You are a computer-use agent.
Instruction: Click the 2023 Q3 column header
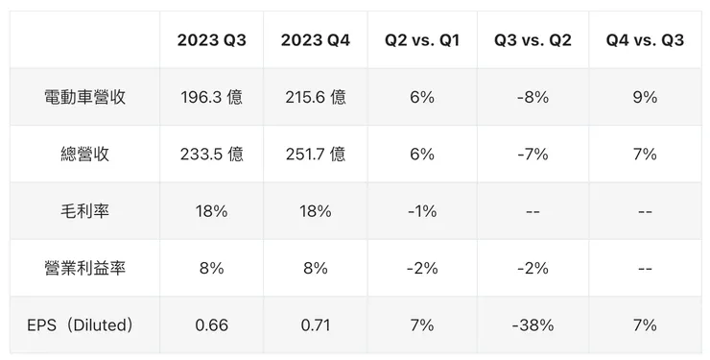click(211, 39)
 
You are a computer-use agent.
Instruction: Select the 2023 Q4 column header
click(315, 39)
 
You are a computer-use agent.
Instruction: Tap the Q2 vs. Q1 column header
click(421, 39)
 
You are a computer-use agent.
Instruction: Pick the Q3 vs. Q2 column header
click(532, 39)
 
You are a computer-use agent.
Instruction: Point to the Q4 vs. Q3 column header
click(645, 39)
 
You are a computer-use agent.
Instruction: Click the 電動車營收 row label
click(84, 97)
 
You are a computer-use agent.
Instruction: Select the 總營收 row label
click(84, 154)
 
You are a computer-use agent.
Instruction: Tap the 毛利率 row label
click(84, 211)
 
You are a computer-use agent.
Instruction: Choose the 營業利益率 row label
click(84, 268)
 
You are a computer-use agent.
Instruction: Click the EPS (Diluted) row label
click(84, 325)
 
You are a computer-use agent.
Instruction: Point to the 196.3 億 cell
click(211, 97)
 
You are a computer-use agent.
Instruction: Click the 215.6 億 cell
click(315, 97)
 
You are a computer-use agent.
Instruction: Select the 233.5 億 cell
click(211, 154)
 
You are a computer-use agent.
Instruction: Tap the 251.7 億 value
click(315, 154)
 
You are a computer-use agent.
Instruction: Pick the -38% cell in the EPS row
click(532, 325)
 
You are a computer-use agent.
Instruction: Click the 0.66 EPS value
click(211, 325)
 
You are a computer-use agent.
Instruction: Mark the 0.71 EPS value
click(315, 325)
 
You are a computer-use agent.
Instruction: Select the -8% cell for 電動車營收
click(532, 97)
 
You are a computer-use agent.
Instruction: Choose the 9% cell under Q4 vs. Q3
click(645, 97)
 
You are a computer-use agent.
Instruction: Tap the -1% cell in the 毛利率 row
click(421, 211)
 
